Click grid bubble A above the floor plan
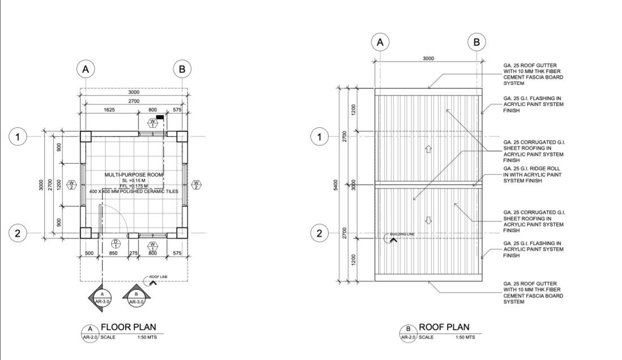[x=86, y=70]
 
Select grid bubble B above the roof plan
[x=476, y=42]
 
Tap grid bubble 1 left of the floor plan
[x=18, y=136]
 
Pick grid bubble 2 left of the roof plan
[x=321, y=233]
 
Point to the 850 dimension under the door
[x=114, y=254]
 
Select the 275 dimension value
[x=134, y=254]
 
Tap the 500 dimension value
[x=90, y=254]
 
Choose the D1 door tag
[x=116, y=244]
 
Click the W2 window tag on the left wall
[x=72, y=184]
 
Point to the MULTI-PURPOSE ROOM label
[x=134, y=175]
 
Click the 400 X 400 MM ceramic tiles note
[x=134, y=191]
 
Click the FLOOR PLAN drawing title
[x=128, y=327]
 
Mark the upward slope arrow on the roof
[x=428, y=149]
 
